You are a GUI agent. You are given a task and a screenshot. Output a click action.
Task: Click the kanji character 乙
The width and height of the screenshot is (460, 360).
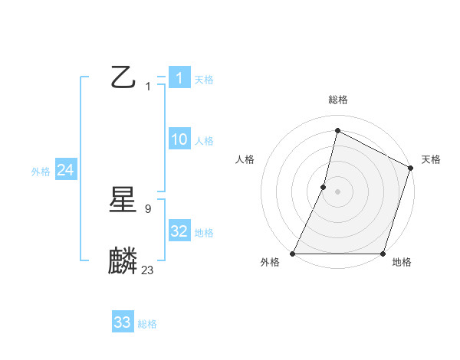pos(123,77)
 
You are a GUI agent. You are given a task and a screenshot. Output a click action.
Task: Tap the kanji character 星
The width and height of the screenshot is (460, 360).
pos(123,201)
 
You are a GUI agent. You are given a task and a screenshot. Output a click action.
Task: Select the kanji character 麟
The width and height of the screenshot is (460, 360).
pos(123,260)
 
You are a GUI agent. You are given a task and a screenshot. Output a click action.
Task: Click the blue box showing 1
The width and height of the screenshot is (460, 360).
pos(179,77)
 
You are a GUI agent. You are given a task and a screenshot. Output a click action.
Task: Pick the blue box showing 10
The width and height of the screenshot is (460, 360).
pos(179,139)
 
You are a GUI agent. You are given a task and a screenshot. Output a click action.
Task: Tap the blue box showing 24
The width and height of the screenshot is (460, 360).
pos(65,171)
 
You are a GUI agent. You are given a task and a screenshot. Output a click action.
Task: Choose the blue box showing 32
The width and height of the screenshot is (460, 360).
pos(179,231)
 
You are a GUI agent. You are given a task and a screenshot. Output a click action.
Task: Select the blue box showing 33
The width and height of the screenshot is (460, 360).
pos(123,322)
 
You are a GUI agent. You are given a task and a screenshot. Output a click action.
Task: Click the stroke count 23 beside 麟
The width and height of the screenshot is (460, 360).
pos(148,270)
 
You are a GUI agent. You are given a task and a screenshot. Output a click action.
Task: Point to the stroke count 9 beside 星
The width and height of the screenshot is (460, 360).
pos(148,208)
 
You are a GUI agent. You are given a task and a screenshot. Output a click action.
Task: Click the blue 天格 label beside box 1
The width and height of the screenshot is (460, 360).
pos(204,80)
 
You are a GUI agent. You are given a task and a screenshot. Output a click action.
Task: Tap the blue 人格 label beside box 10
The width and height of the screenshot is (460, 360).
pos(204,141)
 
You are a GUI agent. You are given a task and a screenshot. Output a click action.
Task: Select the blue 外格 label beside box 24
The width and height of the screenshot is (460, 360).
pos(41,172)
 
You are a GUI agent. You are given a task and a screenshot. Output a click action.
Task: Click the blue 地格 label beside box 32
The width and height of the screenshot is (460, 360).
pos(204,233)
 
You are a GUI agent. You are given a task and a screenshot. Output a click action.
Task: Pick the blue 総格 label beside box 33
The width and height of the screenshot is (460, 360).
pos(147,324)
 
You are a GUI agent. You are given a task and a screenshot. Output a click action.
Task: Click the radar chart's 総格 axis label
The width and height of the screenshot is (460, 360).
pos(337,100)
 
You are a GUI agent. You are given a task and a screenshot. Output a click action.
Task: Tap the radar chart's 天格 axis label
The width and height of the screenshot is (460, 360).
pos(431,159)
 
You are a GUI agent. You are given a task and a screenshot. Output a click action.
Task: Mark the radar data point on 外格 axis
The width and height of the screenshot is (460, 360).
pos(293,254)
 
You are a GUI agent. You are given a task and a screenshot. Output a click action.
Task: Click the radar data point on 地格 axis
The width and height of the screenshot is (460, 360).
pos(383,254)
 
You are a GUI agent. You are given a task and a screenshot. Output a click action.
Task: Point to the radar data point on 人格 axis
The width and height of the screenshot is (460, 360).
pos(324,187)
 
